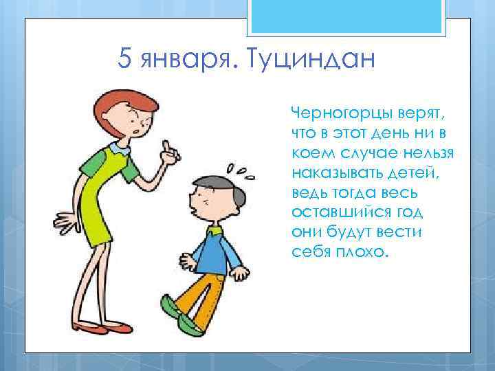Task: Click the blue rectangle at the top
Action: pos(346,17)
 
